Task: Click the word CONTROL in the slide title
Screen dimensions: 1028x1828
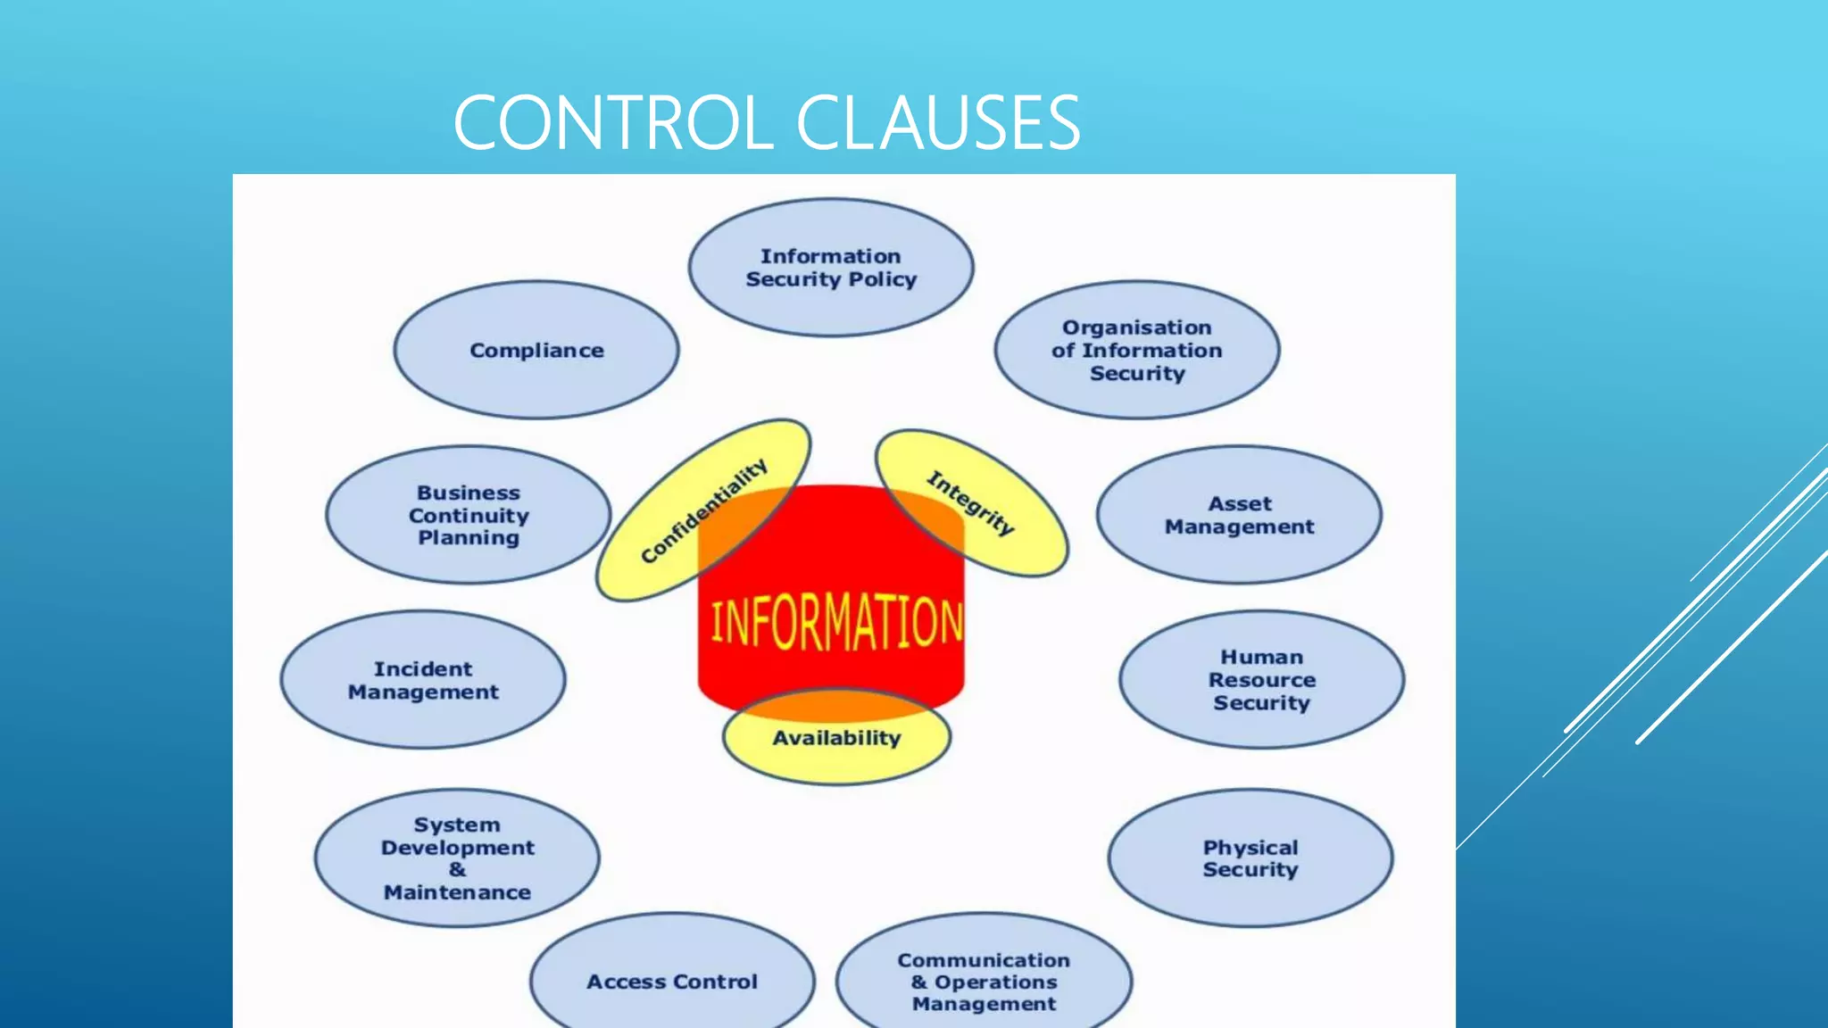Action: (x=612, y=122)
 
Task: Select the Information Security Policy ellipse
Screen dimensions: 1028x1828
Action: (x=831, y=268)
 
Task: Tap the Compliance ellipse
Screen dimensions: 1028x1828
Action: (x=536, y=351)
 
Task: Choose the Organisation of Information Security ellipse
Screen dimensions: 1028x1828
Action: (x=1137, y=351)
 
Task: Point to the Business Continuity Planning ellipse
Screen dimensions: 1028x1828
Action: (x=469, y=515)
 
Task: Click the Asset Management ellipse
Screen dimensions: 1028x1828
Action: (x=1239, y=515)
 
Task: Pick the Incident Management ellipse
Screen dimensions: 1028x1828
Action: (x=423, y=680)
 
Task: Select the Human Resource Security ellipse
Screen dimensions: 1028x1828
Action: (x=1261, y=680)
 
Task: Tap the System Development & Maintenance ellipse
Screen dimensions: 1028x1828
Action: (x=457, y=858)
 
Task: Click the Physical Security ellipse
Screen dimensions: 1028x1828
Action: (x=1250, y=858)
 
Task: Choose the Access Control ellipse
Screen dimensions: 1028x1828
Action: (x=672, y=982)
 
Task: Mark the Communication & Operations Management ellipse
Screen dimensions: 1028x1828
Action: (x=984, y=982)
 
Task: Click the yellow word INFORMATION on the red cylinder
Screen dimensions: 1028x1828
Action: (x=836, y=622)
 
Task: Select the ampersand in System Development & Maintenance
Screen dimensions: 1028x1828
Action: (x=457, y=869)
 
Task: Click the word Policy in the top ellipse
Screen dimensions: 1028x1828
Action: (x=883, y=279)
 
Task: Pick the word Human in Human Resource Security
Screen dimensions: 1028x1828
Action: (x=1261, y=657)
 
